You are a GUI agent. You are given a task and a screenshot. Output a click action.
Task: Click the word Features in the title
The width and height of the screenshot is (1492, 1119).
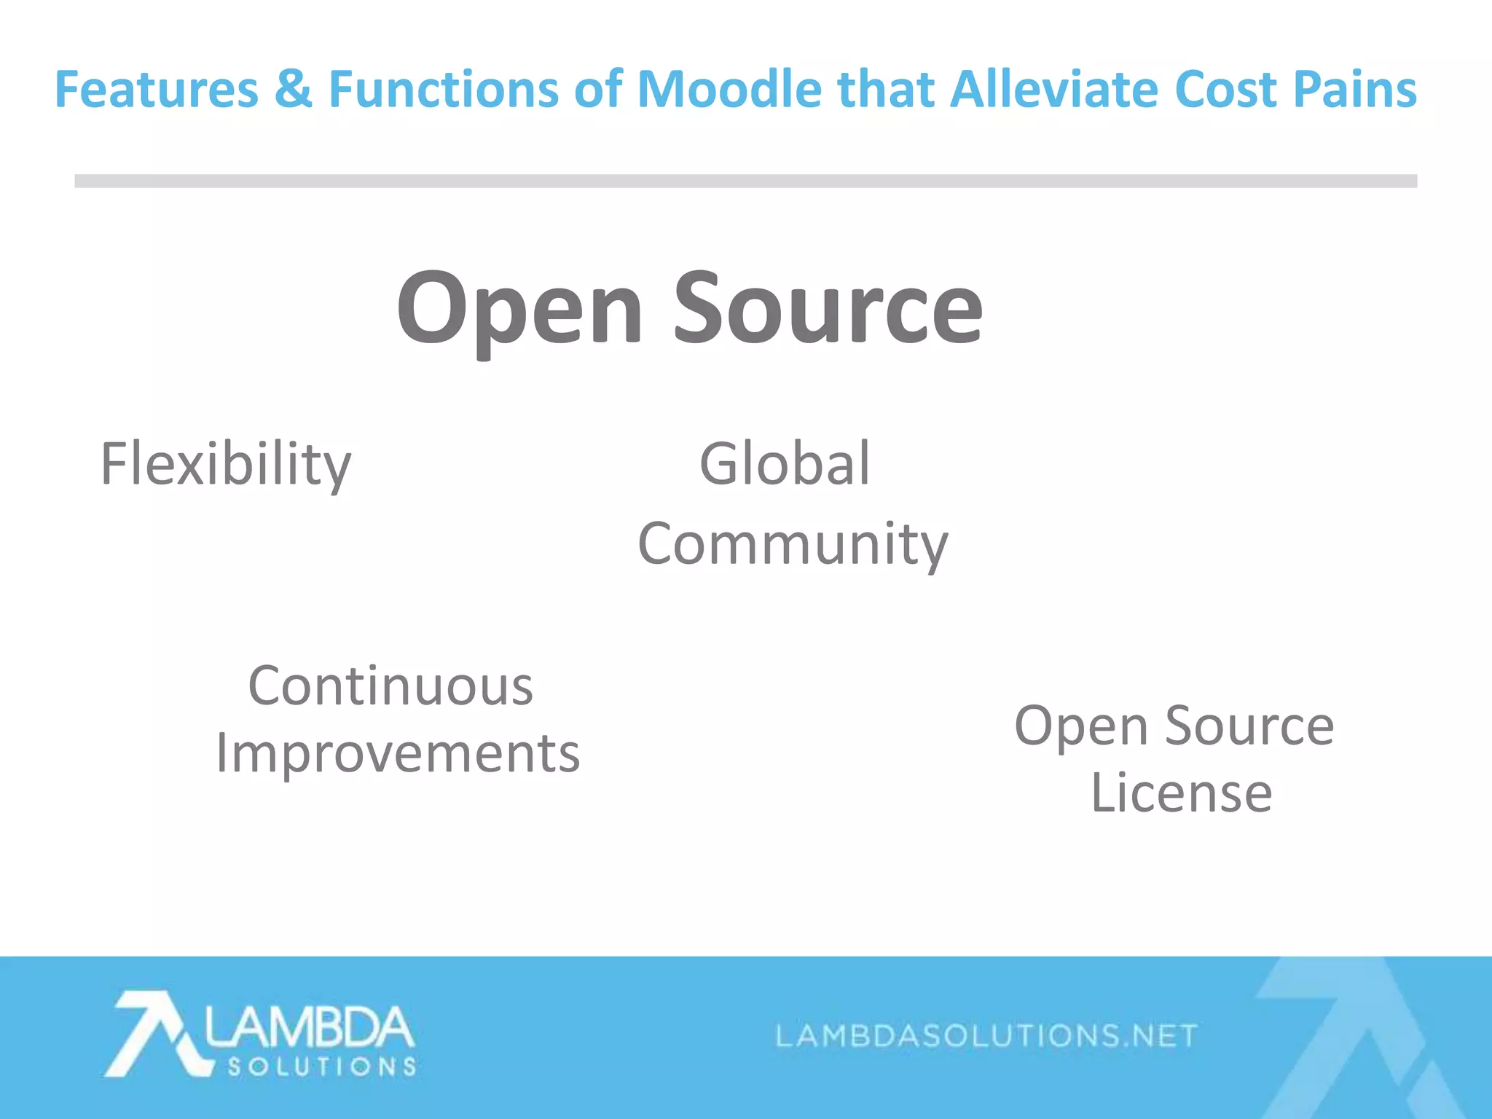click(x=157, y=90)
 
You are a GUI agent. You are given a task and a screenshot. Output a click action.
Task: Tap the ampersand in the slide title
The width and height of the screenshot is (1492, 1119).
click(x=293, y=90)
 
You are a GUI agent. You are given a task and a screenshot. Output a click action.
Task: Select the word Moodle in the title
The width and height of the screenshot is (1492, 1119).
click(x=730, y=90)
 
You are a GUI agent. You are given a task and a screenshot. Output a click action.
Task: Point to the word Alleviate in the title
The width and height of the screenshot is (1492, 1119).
click(x=1053, y=90)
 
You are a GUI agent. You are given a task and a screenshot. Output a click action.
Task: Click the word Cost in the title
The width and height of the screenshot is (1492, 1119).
click(x=1225, y=90)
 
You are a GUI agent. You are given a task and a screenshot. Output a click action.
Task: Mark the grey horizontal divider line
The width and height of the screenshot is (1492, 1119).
click(x=745, y=181)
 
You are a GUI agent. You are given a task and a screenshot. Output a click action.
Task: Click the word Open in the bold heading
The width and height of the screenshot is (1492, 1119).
click(x=519, y=310)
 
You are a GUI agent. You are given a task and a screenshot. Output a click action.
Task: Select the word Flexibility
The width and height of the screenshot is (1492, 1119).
click(x=226, y=465)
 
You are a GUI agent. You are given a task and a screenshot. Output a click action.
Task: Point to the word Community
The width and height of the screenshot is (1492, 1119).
click(x=793, y=544)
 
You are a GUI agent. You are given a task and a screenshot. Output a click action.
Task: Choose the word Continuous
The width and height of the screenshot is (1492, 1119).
click(x=390, y=686)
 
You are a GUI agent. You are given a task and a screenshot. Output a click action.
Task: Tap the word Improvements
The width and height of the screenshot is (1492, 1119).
click(x=398, y=753)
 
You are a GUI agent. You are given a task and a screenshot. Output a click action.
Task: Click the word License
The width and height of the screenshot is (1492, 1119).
click(x=1181, y=793)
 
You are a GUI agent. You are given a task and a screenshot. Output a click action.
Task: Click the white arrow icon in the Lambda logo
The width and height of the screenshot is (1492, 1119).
click(x=153, y=1033)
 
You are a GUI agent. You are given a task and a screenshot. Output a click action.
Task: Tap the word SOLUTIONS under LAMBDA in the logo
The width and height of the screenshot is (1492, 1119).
click(x=322, y=1067)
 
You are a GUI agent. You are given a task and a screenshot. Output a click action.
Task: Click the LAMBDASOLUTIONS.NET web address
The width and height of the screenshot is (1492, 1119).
click(x=986, y=1035)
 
